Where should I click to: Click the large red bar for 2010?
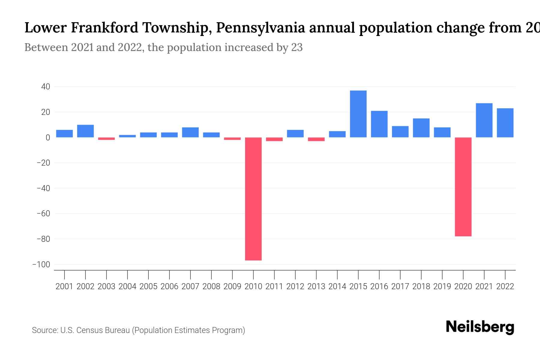click(x=253, y=199)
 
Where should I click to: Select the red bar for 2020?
click(x=463, y=187)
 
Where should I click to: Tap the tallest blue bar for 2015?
click(x=358, y=114)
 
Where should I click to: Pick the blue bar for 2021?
click(x=484, y=120)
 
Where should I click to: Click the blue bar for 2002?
click(x=85, y=131)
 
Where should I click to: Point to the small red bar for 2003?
click(x=106, y=139)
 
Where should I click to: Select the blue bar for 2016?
click(x=379, y=124)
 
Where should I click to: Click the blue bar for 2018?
click(x=421, y=128)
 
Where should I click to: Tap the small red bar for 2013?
click(x=316, y=139)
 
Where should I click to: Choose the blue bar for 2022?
click(x=505, y=123)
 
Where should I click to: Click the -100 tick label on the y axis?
click(x=41, y=265)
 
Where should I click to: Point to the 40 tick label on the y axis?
click(x=46, y=87)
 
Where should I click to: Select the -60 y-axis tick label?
click(x=43, y=214)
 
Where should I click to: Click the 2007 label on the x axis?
click(x=190, y=286)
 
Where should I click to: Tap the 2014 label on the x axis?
click(x=337, y=286)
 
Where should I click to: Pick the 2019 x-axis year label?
click(x=442, y=286)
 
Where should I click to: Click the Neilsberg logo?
click(x=480, y=327)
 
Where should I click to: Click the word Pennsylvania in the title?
click(x=260, y=28)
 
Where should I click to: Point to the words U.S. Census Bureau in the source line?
click(x=95, y=330)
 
